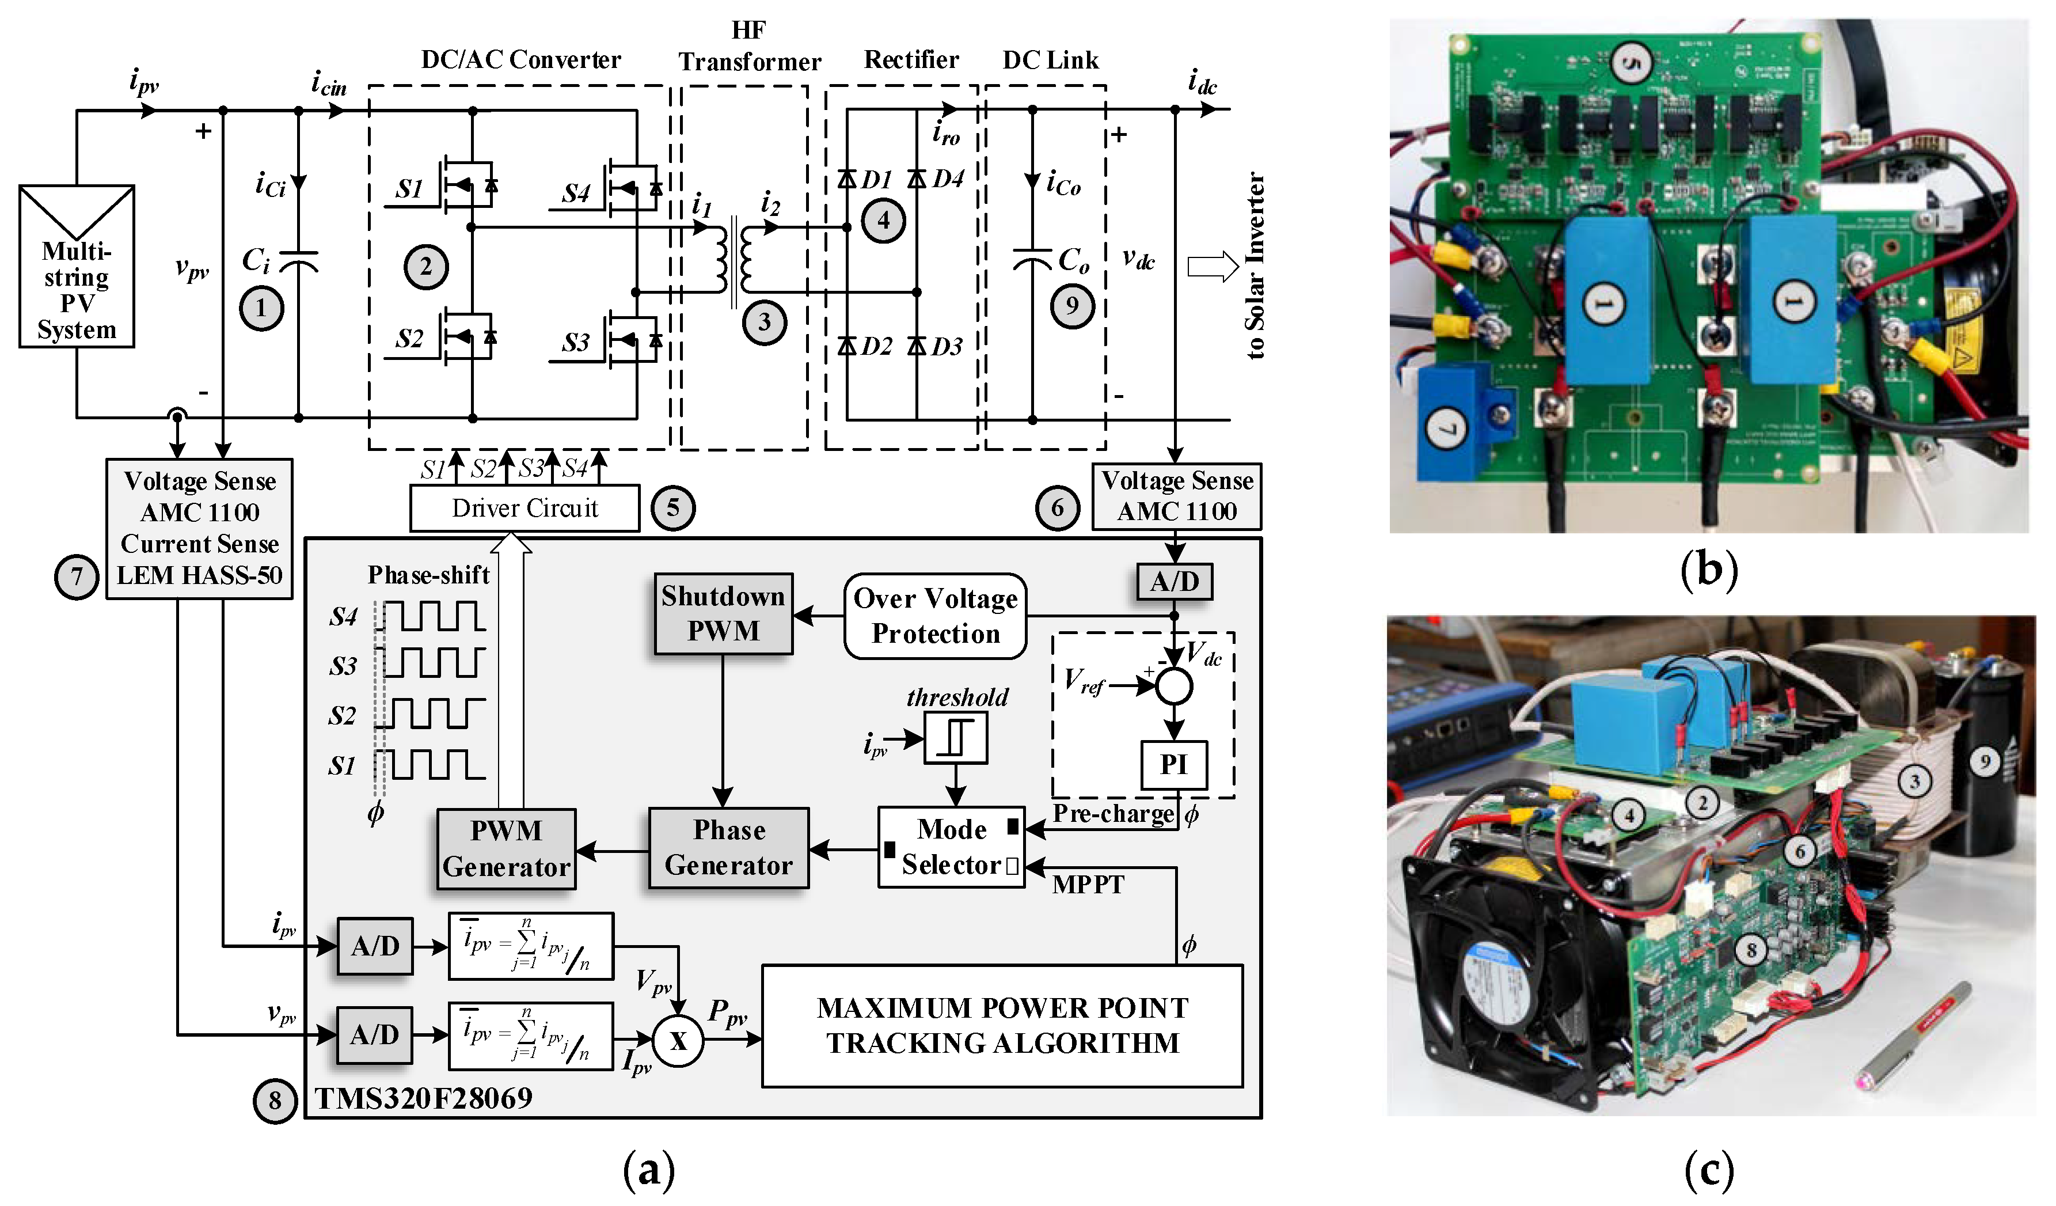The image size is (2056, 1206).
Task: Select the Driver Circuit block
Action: pos(525,509)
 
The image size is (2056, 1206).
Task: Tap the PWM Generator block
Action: pos(506,848)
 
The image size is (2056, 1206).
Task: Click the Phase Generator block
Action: pos(728,848)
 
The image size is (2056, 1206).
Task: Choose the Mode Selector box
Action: pos(951,848)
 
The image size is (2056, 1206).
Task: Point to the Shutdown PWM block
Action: pos(723,613)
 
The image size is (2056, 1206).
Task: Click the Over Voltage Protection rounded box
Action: pos(935,616)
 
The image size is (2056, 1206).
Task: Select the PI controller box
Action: pos(1173,765)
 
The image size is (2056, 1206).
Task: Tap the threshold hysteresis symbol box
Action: pos(955,738)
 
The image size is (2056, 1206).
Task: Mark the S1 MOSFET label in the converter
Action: pos(409,189)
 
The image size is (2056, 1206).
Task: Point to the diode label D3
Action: pos(947,347)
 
